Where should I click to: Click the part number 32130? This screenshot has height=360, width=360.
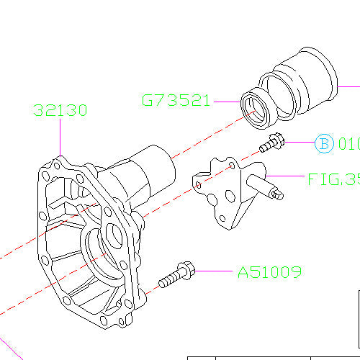tap(60, 111)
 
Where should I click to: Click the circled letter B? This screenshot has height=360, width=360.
tap(323, 145)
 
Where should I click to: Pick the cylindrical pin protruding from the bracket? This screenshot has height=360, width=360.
tap(272, 192)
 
